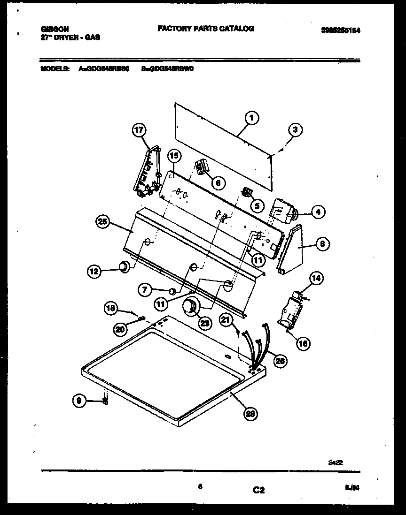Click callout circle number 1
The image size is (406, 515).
pos(251,118)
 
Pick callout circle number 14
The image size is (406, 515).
pos(316,279)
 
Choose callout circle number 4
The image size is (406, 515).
pos(318,212)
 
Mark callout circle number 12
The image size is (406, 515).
pos(94,270)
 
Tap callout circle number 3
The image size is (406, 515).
pos(295,130)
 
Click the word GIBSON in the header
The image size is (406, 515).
pos(51,29)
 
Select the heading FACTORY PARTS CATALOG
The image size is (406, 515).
pos(205,29)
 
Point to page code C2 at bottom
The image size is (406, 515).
pos(258,490)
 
